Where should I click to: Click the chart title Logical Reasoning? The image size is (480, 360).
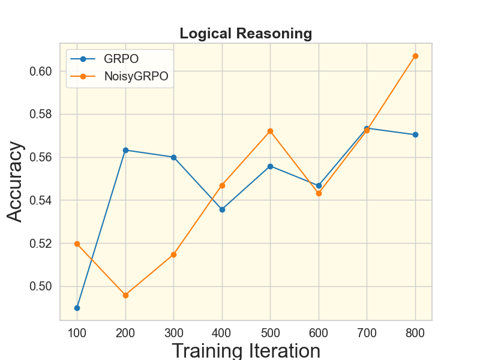tap(246, 34)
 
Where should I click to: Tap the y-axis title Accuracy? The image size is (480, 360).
tap(16, 181)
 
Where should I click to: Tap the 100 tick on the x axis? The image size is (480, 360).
tap(77, 332)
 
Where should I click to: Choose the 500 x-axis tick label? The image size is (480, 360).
tap(270, 332)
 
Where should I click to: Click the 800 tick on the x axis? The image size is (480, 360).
tap(415, 332)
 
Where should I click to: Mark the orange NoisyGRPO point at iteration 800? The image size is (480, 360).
tap(415, 56)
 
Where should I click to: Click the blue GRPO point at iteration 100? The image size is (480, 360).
tap(77, 308)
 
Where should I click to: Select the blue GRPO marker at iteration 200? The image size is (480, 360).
tap(125, 150)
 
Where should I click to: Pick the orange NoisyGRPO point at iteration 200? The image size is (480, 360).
tap(125, 295)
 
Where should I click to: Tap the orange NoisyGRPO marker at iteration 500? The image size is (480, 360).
tap(270, 131)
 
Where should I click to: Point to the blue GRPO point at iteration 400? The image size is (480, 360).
tap(222, 209)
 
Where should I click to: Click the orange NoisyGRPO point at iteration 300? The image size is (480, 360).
tap(174, 254)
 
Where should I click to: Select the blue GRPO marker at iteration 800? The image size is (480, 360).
tap(415, 134)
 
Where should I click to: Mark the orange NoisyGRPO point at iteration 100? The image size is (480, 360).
tap(77, 244)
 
